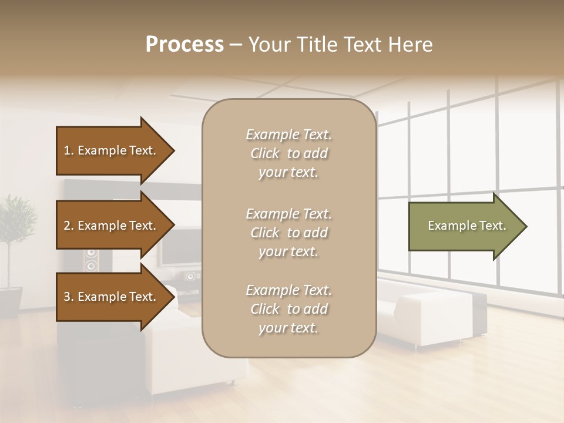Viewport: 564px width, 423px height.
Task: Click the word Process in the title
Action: pos(184,44)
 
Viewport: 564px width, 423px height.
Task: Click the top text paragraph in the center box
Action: pos(288,153)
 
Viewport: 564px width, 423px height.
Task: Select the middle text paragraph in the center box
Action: pos(288,233)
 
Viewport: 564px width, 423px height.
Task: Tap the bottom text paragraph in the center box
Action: pos(288,309)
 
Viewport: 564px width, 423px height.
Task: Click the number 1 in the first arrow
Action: pos(67,150)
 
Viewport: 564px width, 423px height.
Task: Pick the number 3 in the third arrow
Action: pos(67,297)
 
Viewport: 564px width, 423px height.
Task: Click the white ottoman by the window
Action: pos(435,317)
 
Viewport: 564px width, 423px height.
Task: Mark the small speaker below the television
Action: pos(191,277)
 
